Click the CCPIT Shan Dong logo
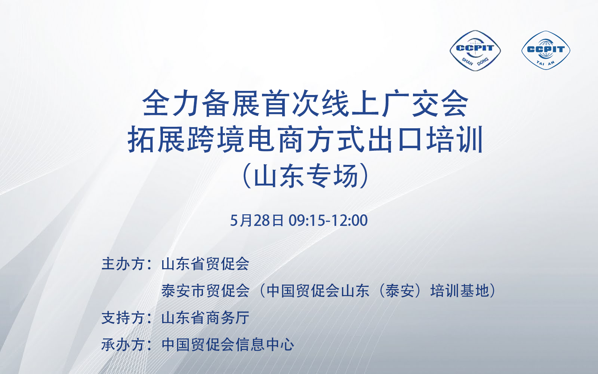click(475, 50)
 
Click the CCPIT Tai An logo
click(546, 50)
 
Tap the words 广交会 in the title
click(425, 103)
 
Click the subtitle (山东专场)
click(306, 176)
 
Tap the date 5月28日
click(257, 220)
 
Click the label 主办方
click(123, 264)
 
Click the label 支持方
click(123, 318)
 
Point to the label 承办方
click(123, 344)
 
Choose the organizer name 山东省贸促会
click(205, 264)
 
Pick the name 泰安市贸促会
click(205, 291)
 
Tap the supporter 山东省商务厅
click(205, 318)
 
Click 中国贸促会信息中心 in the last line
click(228, 344)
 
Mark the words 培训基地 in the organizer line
click(460, 291)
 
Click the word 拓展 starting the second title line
click(157, 140)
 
